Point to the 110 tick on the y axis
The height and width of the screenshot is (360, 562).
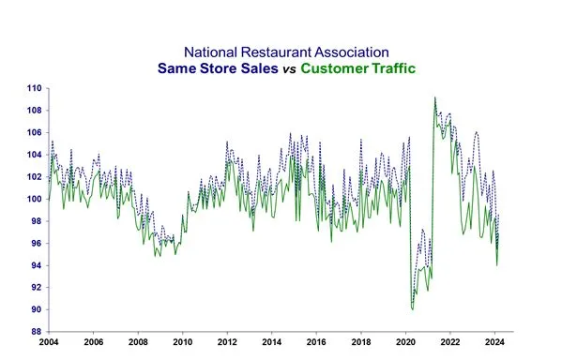[x=34, y=88]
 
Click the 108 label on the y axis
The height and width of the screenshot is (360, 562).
[x=34, y=111]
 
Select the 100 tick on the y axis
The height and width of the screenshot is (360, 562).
[x=34, y=199]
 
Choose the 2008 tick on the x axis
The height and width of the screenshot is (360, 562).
[x=138, y=342]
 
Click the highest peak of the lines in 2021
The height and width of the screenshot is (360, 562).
[x=434, y=97]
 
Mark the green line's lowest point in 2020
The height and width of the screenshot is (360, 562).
[x=413, y=308]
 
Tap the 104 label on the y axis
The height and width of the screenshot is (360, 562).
[x=34, y=155]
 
